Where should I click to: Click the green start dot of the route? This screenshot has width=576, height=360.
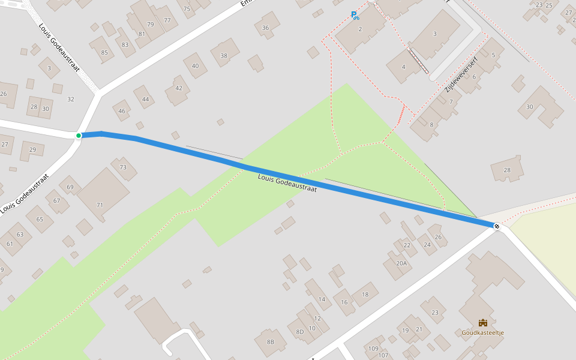click(x=79, y=136)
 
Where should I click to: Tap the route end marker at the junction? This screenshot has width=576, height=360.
click(x=497, y=226)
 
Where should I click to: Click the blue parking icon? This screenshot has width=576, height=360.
click(x=355, y=16)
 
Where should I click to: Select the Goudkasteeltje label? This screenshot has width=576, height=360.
click(x=482, y=333)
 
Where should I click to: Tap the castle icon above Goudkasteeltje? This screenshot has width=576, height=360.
click(x=482, y=323)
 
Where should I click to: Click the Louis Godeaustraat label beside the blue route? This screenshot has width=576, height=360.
click(x=287, y=182)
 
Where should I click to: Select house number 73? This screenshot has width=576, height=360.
click(x=123, y=167)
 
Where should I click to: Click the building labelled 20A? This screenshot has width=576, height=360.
click(x=401, y=263)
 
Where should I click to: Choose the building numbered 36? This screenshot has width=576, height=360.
click(x=266, y=28)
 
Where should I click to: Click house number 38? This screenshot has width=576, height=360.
click(x=224, y=55)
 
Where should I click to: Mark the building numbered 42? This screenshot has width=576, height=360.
click(x=178, y=88)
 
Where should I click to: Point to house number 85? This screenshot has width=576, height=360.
click(x=104, y=52)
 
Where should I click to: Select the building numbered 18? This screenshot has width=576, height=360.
click(x=365, y=294)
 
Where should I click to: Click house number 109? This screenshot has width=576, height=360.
click(x=373, y=349)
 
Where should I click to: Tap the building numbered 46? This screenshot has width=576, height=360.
click(x=122, y=111)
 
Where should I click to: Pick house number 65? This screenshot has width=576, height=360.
click(x=40, y=219)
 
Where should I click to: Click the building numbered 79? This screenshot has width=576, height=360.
click(x=150, y=24)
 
